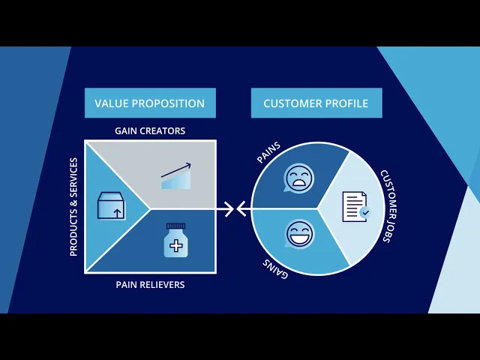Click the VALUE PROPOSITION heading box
pyautogui.click(x=150, y=103)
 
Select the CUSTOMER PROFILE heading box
pyautogui.click(x=316, y=103)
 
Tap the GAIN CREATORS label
pyautogui.click(x=150, y=130)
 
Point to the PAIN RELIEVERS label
pyautogui.click(x=150, y=285)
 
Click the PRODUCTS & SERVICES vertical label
pyautogui.click(x=73, y=207)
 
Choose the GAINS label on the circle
pyautogui.click(x=276, y=267)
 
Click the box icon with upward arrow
pyautogui.click(x=111, y=205)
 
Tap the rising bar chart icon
pyautogui.click(x=176, y=177)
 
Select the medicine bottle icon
pyautogui.click(x=176, y=240)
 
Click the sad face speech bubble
pyautogui.click(x=298, y=179)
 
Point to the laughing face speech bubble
pyautogui.click(x=299, y=234)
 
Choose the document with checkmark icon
pyautogui.click(x=355, y=207)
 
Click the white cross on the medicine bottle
pyautogui.click(x=176, y=245)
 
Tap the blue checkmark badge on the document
pyautogui.click(x=364, y=213)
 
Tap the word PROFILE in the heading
pyautogui.click(x=346, y=103)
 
